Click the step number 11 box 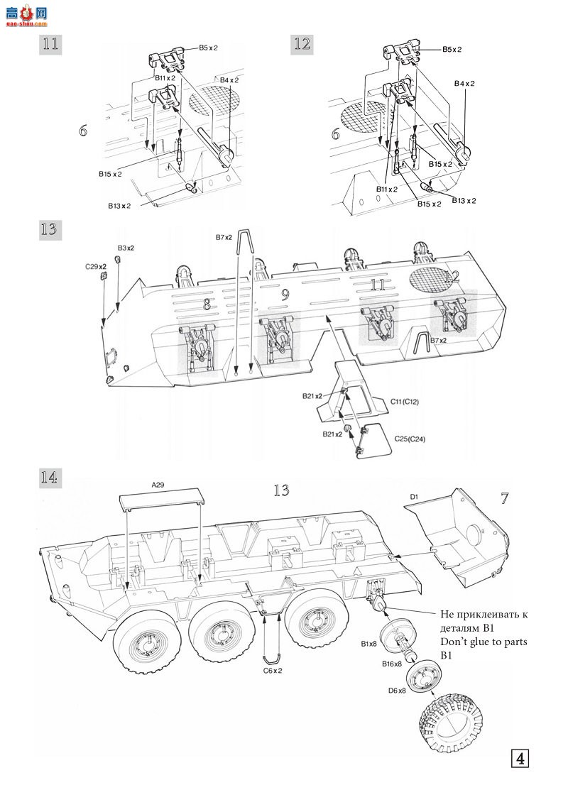[x=49, y=43]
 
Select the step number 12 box [x=302, y=43]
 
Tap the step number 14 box [x=49, y=477]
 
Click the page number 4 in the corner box [x=520, y=757]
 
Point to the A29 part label [x=158, y=485]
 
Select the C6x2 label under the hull [x=273, y=670]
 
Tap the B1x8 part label [x=368, y=644]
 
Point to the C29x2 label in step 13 [x=95, y=266]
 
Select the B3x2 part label [x=126, y=248]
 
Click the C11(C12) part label [x=405, y=401]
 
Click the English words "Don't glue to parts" [x=484, y=642]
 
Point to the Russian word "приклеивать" [x=492, y=614]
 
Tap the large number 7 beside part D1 [x=504, y=498]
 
